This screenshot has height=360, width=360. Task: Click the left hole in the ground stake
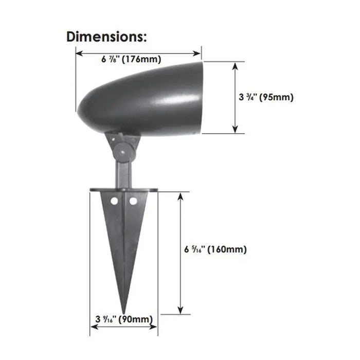(x=114, y=202)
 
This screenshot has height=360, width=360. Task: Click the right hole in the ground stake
(x=133, y=202)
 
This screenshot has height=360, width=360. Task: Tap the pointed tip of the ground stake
(x=124, y=313)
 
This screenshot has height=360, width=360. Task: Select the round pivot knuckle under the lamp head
(x=123, y=152)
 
